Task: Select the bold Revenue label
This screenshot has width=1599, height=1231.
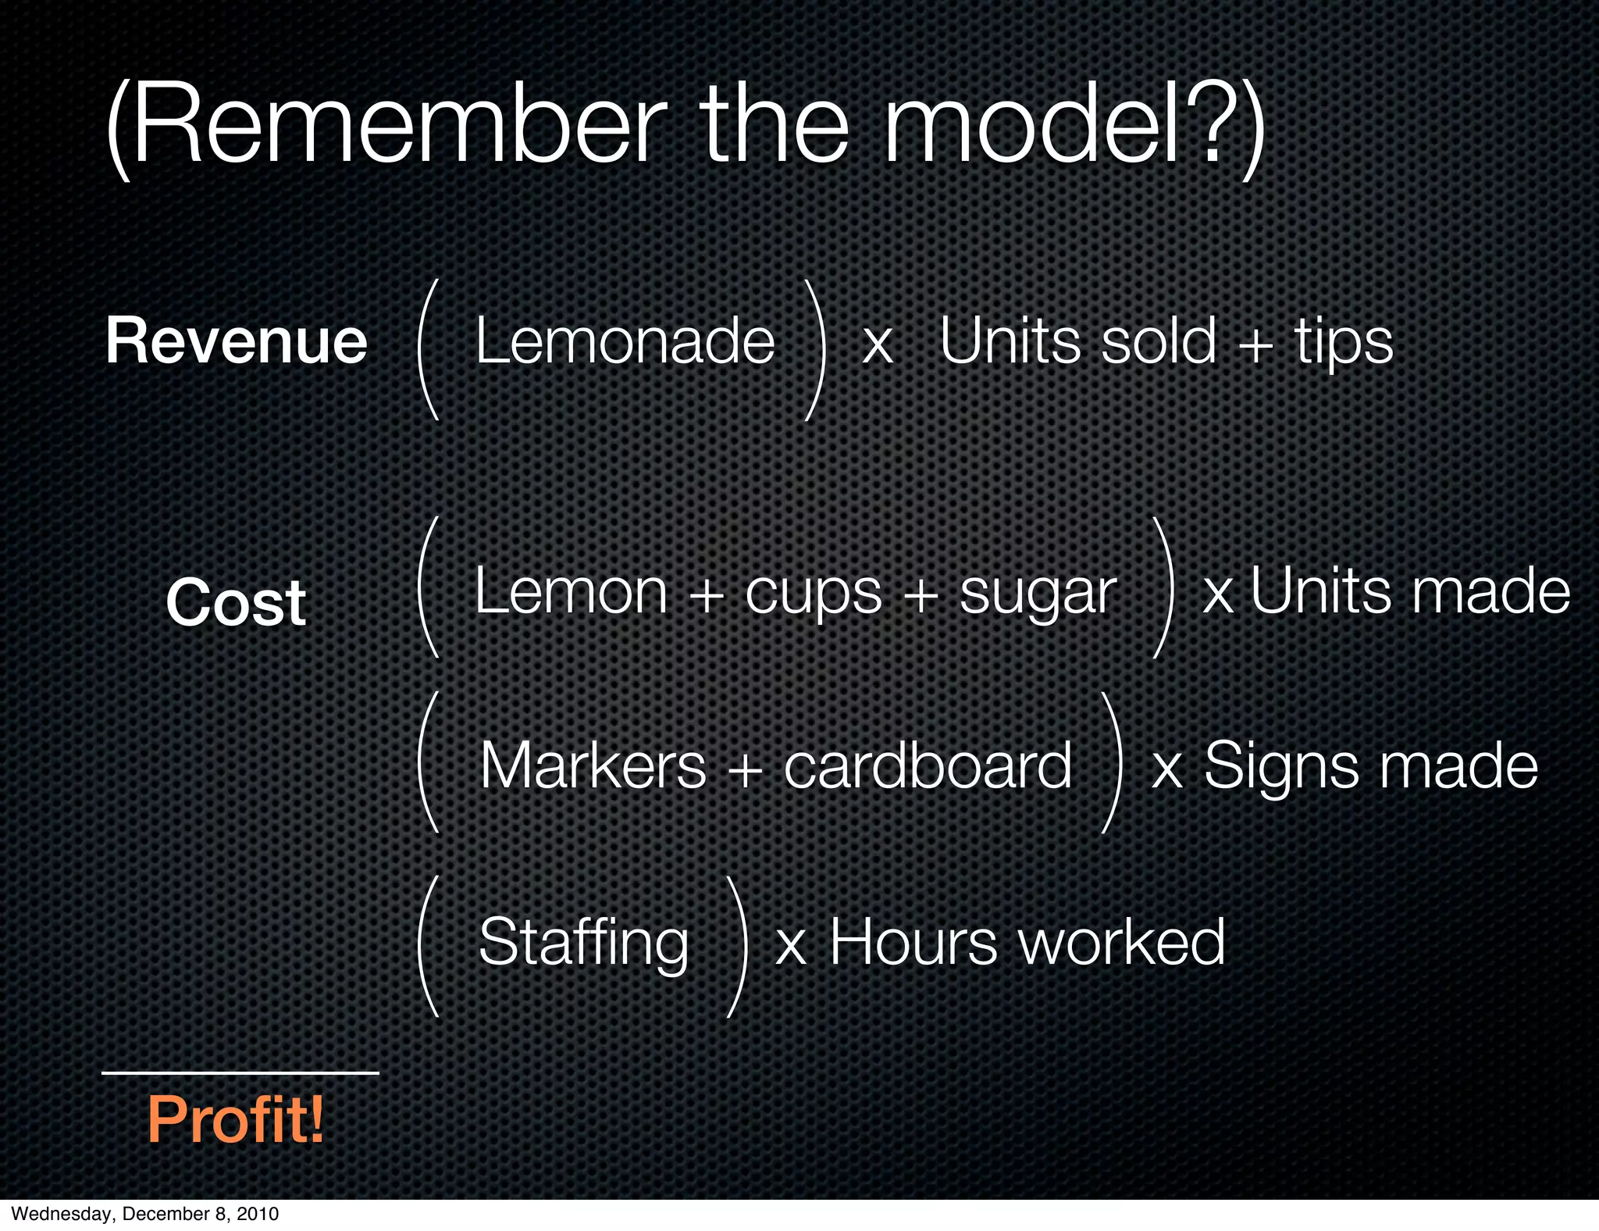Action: tap(237, 341)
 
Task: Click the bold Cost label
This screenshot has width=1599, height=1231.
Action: tap(236, 602)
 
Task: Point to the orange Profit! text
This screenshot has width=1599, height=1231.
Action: tap(236, 1119)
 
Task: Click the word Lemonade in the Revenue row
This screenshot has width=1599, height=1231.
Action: tap(625, 341)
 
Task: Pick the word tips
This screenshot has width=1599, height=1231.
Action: tap(1344, 342)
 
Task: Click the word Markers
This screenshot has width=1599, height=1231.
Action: tap(593, 766)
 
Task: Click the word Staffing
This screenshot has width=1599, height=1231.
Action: tap(584, 944)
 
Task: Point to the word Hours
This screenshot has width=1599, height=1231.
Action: tap(913, 942)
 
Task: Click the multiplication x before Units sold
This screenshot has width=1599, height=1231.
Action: tap(878, 344)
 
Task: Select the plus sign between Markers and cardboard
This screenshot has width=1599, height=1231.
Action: tap(745, 769)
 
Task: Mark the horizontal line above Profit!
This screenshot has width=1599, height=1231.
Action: tap(240, 1073)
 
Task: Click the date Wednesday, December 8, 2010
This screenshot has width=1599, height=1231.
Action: tap(145, 1214)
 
